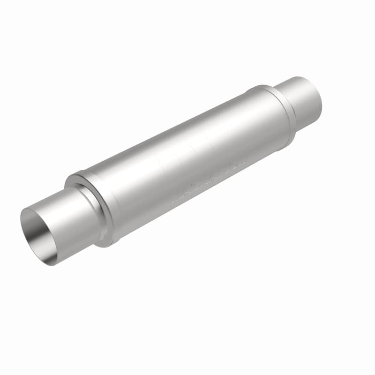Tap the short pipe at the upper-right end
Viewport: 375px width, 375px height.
pyautogui.click(x=300, y=101)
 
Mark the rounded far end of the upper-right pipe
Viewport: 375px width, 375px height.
pyautogui.click(x=317, y=96)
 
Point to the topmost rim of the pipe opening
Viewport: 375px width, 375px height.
pyautogui.click(x=33, y=209)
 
